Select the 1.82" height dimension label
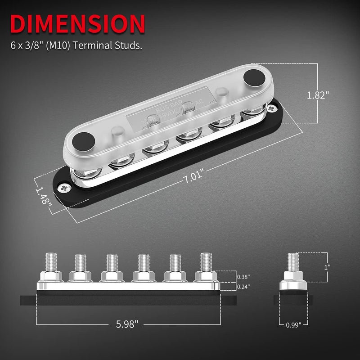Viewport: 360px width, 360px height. [318, 95]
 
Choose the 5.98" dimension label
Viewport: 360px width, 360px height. [126, 324]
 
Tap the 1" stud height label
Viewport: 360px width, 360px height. [328, 266]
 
